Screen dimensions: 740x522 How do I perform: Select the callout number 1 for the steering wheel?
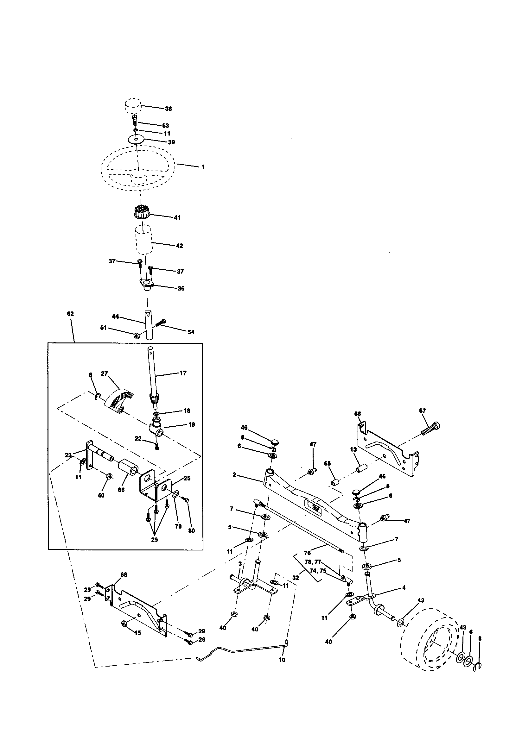click(203, 167)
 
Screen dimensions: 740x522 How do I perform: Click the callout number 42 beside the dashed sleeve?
click(179, 246)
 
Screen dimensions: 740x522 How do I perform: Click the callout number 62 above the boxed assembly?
click(70, 314)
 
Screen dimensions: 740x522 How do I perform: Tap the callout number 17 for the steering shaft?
click(183, 373)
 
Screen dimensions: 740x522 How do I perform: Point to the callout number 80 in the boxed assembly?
click(191, 530)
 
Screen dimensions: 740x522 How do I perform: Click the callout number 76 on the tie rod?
click(307, 553)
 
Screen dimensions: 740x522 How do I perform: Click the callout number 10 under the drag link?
click(282, 660)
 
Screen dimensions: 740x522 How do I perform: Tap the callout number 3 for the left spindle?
click(240, 564)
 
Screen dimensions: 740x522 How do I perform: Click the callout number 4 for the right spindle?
click(404, 587)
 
